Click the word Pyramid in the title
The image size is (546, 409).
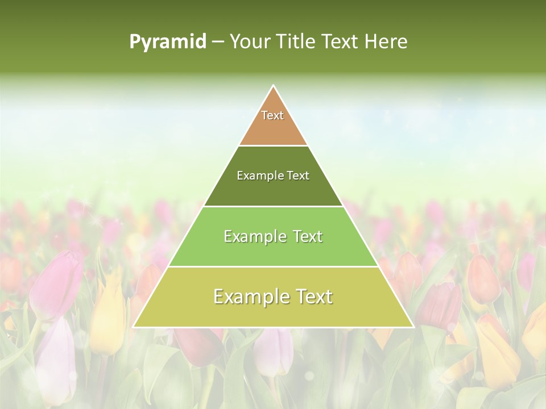tap(167, 42)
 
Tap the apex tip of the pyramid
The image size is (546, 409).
tap(274, 87)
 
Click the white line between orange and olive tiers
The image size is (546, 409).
tap(273, 146)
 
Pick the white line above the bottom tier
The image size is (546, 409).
tap(273, 267)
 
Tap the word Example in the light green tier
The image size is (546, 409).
tap(255, 236)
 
